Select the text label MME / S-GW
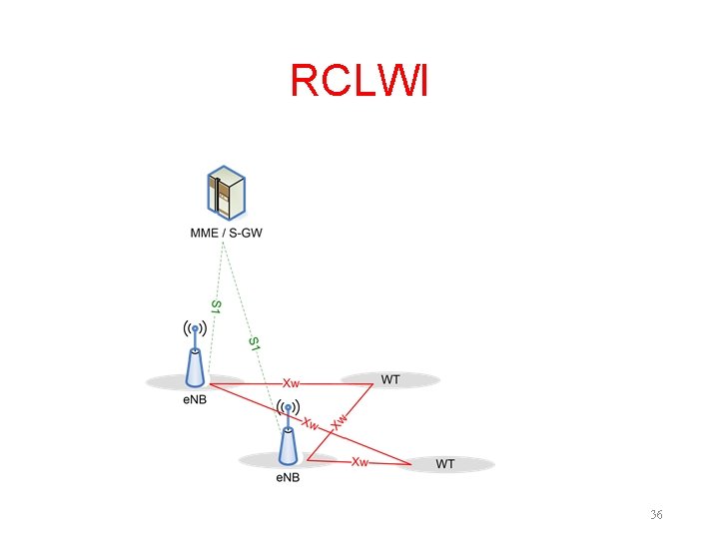point(227,234)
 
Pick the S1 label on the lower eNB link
point(255,344)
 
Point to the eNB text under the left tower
point(194,401)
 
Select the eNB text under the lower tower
point(287,477)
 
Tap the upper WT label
point(390,380)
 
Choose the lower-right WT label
point(445,464)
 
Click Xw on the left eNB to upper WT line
point(292,382)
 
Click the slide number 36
point(656,514)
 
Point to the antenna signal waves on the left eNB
point(196,327)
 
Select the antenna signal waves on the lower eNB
point(288,407)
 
